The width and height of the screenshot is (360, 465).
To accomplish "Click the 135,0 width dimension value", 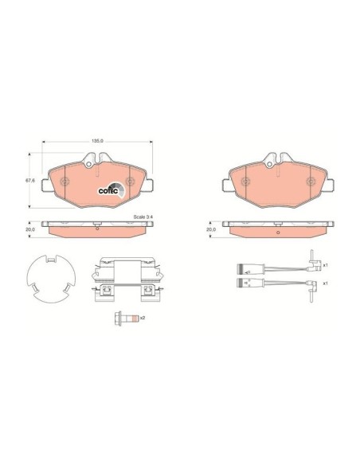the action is (x=98, y=141).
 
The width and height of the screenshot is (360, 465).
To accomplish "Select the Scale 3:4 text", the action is (x=143, y=217).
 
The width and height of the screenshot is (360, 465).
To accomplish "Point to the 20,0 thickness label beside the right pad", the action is (x=211, y=229).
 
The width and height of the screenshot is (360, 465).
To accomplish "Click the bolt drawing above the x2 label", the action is (x=126, y=318).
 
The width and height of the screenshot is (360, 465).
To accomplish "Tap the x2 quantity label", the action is (x=143, y=318).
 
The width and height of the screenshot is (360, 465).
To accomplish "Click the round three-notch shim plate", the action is (x=51, y=279).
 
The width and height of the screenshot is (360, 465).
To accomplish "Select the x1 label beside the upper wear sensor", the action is (x=325, y=265).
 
